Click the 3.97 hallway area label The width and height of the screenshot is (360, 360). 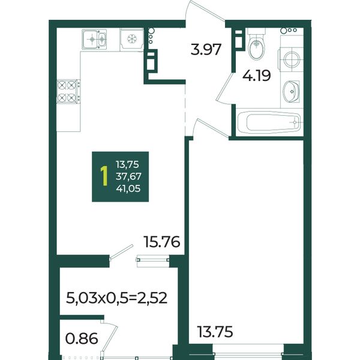(206, 50)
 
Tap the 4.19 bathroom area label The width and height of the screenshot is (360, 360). (257, 76)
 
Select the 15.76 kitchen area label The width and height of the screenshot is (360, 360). (161, 242)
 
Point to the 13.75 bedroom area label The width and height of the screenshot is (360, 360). (215, 332)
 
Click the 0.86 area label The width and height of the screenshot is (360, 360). (82, 338)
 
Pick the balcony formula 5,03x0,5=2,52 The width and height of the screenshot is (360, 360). (116, 298)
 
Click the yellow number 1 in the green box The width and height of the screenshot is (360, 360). (104, 176)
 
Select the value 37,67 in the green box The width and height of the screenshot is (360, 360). (128, 176)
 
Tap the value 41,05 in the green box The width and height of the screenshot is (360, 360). (128, 188)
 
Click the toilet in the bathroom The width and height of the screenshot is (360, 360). (257, 45)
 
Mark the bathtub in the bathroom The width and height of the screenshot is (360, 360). (269, 122)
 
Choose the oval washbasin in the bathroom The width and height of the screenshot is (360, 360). (291, 91)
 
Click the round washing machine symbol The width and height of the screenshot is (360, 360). (292, 59)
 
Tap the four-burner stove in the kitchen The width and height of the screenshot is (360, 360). (68, 91)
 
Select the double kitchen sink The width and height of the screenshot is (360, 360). (94, 39)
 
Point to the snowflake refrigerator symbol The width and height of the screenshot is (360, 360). (132, 38)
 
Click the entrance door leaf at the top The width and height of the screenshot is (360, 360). (206, 11)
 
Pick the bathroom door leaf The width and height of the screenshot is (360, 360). (225, 86)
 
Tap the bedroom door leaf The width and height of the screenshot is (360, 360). (211, 129)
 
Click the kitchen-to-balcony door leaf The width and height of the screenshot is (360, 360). (121, 253)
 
